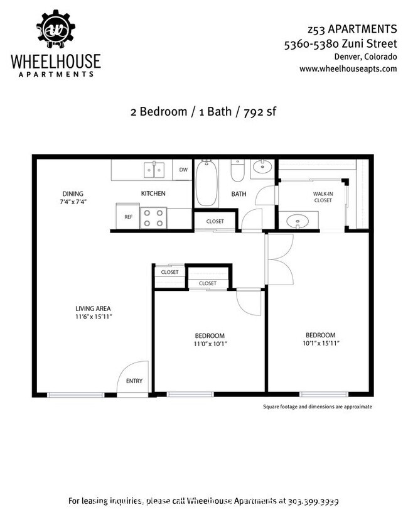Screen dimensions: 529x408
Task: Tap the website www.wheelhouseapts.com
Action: point(348,68)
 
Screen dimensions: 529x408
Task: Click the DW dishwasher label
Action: point(183,170)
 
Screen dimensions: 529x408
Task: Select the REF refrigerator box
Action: point(128,216)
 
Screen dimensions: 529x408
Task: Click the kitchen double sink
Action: point(154,170)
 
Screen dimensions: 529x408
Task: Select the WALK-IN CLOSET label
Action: point(323,197)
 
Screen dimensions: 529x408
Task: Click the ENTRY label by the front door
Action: point(134,381)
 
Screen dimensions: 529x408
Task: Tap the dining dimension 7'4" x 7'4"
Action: point(73,202)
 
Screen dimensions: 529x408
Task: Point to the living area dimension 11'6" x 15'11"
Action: point(93,316)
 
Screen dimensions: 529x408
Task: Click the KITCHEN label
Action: point(153,194)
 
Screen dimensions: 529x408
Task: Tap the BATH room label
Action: point(239,194)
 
